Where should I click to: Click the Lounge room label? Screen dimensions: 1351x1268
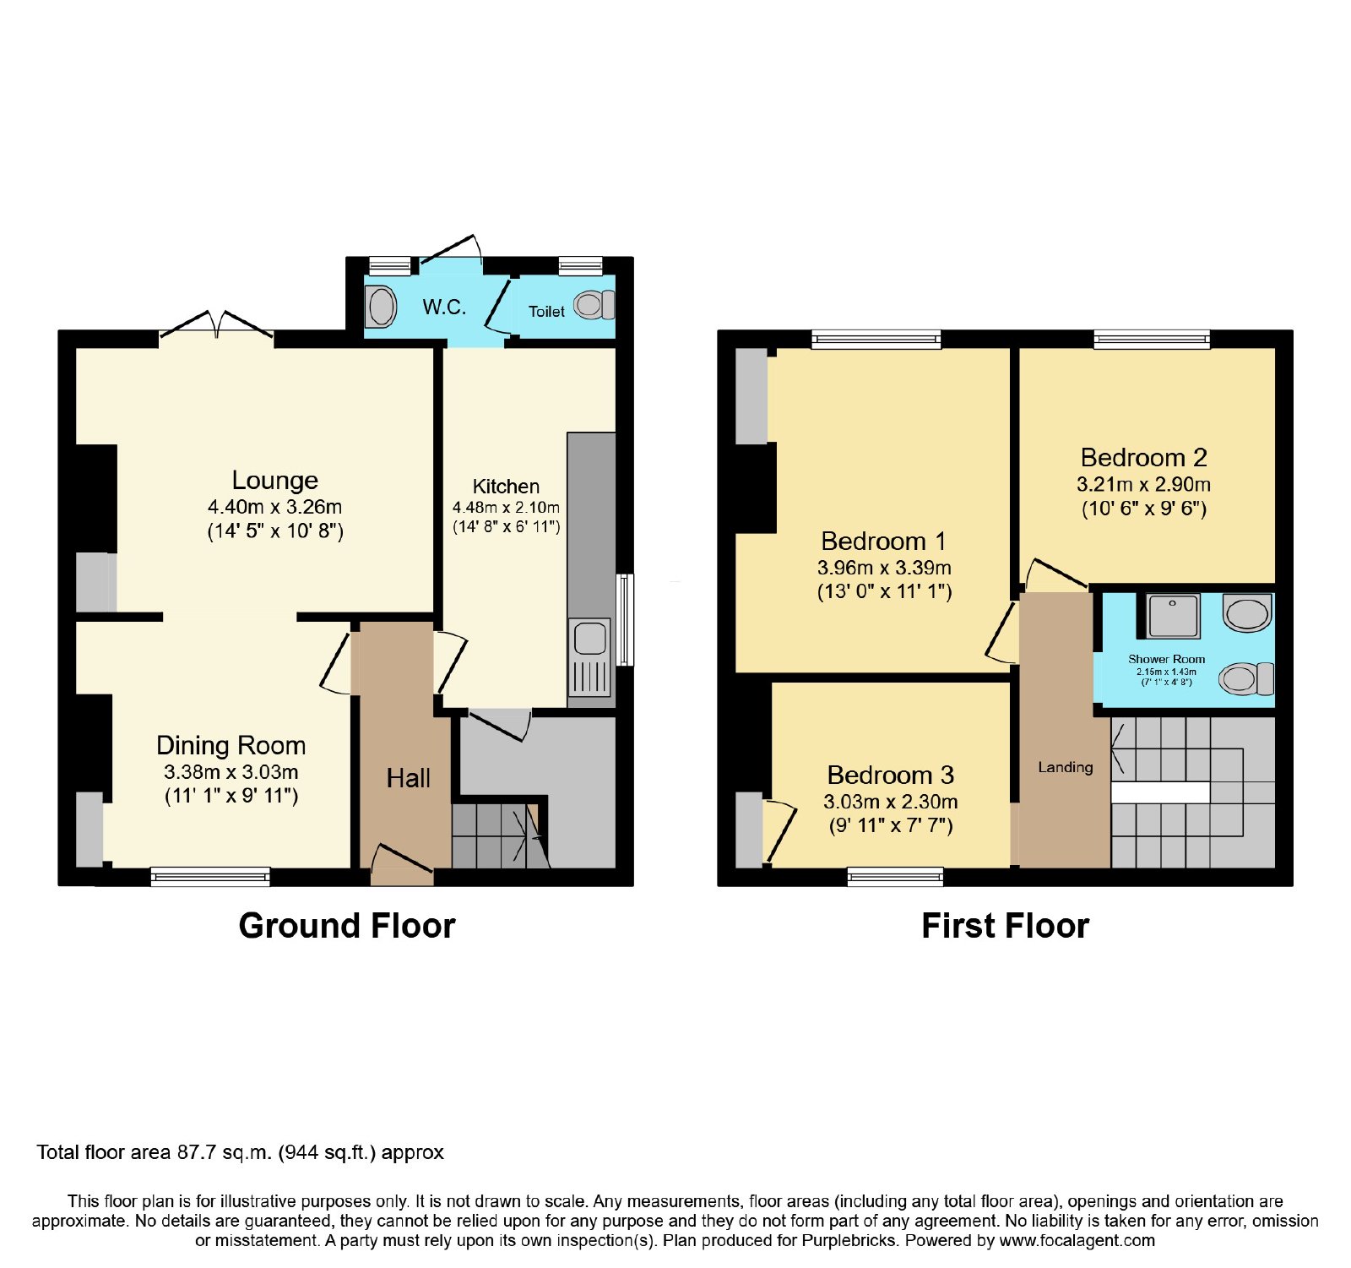point(275,481)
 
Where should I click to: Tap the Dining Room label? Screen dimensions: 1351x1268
point(231,745)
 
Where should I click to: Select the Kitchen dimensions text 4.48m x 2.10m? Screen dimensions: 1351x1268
point(506,508)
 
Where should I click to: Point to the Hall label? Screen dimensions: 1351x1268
point(409,778)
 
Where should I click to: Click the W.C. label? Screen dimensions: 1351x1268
point(444,307)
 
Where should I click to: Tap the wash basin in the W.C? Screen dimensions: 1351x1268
point(381,307)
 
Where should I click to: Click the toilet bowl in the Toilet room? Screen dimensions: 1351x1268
point(594,305)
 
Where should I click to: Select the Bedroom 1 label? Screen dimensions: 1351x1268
point(883,541)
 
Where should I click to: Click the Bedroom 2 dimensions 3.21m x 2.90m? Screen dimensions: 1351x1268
point(1143,485)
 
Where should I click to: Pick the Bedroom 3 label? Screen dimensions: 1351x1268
point(891,775)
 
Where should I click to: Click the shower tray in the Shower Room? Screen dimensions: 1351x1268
point(1174,616)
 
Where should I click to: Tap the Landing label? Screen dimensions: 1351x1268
point(1066,767)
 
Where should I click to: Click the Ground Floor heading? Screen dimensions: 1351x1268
point(347,926)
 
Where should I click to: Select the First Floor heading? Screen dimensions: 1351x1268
point(1006,926)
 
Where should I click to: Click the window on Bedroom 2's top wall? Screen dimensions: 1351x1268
point(1152,340)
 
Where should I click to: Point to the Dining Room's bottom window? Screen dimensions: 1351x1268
point(210,877)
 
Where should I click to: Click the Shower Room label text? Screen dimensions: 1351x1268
point(1167,659)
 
